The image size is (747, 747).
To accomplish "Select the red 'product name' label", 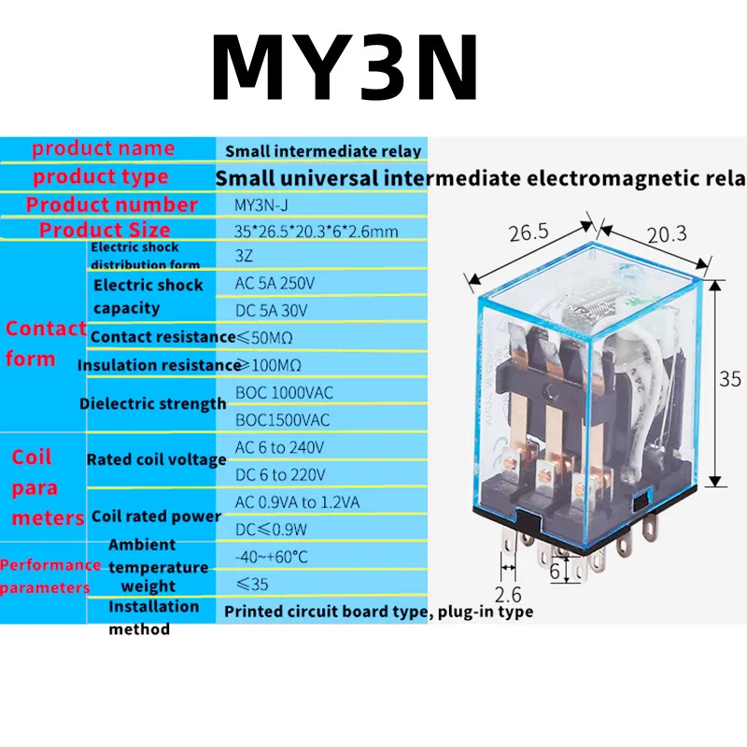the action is coord(103,148).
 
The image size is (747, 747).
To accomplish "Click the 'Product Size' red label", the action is coord(105,230).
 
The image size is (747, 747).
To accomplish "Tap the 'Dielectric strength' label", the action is coord(153,403).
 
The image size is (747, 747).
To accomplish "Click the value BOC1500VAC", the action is coord(282,420).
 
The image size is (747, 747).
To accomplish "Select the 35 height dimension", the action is coord(730,379).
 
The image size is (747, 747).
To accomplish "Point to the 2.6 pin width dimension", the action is coord(508,593).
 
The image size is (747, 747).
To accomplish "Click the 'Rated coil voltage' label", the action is coord(156,459).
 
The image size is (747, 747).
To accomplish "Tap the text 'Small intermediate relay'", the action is coord(323,150).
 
